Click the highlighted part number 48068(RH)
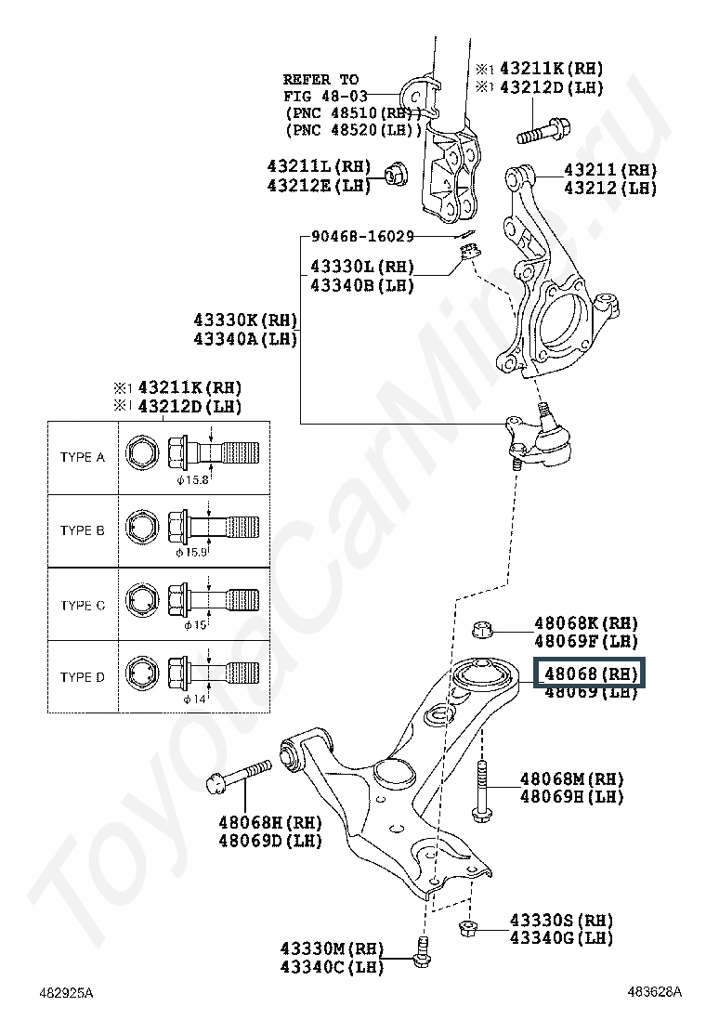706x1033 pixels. pos(591,673)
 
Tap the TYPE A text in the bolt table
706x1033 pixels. pos(83,457)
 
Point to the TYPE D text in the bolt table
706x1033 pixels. pos(83,677)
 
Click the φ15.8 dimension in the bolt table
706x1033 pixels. pos(193,481)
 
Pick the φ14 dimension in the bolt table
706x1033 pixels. pos(193,700)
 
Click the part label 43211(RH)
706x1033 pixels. pos(609,170)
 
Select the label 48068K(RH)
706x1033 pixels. pos(585,622)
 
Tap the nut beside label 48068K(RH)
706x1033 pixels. pos(482,630)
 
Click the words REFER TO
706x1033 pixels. pos(320,79)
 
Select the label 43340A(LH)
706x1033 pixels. pos(245,339)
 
